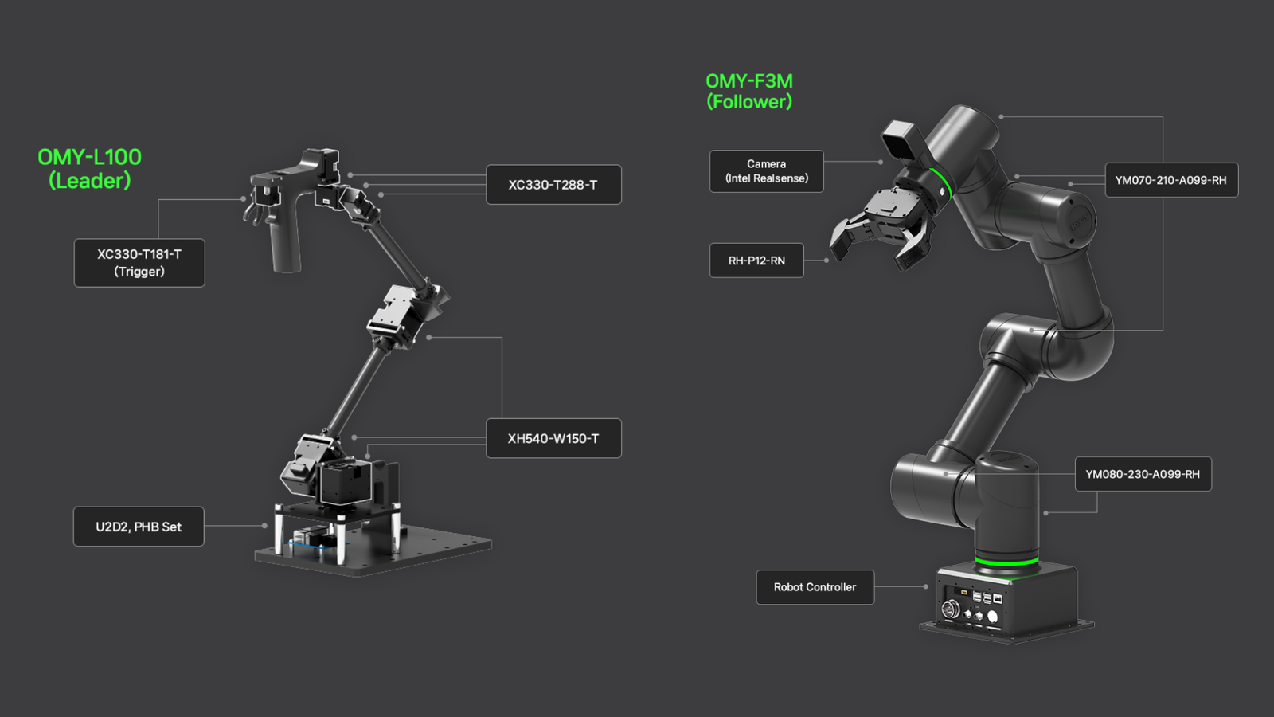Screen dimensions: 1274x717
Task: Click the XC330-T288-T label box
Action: tap(554, 184)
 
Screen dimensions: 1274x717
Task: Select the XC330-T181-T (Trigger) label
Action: tap(139, 263)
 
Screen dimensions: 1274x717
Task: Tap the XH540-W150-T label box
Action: tap(554, 438)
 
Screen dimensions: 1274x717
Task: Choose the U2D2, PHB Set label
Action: tap(139, 527)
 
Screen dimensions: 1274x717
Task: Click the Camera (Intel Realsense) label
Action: tap(767, 171)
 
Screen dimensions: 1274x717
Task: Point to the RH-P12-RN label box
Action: tap(756, 261)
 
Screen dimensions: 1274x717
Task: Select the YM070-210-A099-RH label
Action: tap(1171, 180)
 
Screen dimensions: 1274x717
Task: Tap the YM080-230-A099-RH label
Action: tap(1143, 474)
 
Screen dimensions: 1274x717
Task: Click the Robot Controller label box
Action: tap(815, 587)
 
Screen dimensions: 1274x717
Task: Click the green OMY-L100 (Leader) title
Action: tap(90, 169)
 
